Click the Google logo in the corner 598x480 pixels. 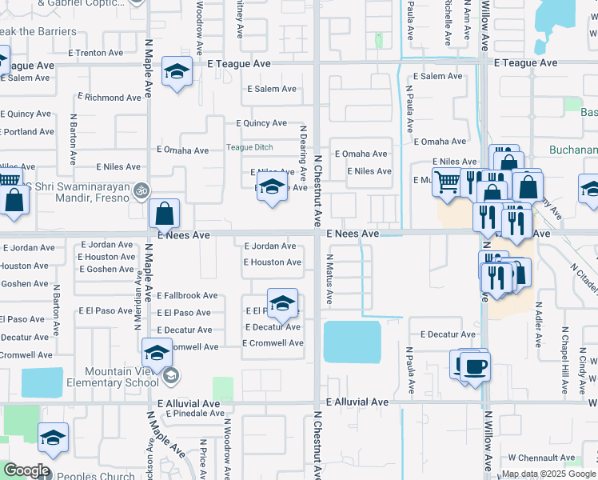click(x=26, y=470)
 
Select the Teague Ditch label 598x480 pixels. click(x=249, y=147)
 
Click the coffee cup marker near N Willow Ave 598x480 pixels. click(x=475, y=366)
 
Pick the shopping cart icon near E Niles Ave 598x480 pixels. click(x=447, y=182)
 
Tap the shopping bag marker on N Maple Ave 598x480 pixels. click(x=164, y=214)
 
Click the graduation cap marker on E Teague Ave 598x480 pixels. click(x=177, y=72)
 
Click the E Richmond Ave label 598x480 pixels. click(x=112, y=98)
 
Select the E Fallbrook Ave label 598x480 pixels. click(x=187, y=295)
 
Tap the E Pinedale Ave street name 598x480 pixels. click(x=193, y=414)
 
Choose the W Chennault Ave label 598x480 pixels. click(x=541, y=458)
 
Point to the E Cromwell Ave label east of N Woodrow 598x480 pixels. click(x=273, y=343)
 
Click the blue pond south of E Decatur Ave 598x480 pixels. click(x=352, y=341)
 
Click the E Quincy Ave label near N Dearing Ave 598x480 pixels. click(x=261, y=123)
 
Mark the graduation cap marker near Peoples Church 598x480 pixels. click(x=53, y=438)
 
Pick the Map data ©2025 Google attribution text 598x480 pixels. click(x=548, y=474)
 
